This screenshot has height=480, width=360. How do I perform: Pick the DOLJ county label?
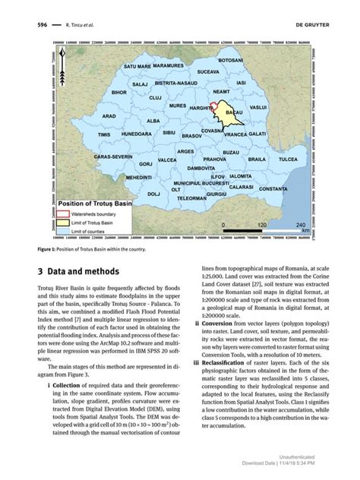pos(153,194)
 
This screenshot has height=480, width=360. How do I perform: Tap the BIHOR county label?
pos(120,92)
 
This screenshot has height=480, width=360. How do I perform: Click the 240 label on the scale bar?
pos(301,226)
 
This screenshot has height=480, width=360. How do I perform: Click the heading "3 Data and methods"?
pos(77,271)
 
